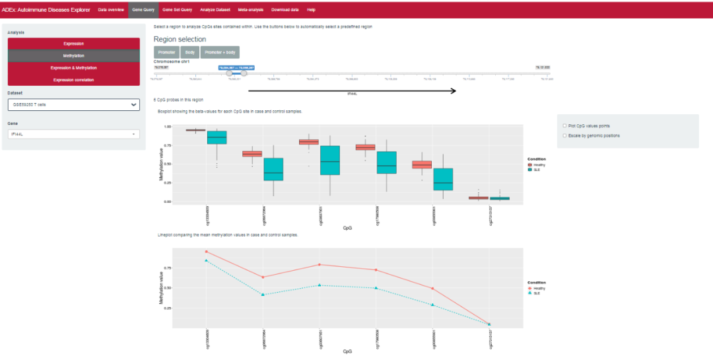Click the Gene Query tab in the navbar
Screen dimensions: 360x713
click(x=143, y=10)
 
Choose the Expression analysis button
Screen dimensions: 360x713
click(x=73, y=44)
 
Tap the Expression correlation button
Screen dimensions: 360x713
click(x=73, y=80)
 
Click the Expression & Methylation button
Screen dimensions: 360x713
click(x=73, y=68)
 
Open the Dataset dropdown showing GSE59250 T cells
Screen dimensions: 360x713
click(x=73, y=104)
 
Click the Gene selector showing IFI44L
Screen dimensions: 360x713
click(x=73, y=134)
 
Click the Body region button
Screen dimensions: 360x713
click(x=190, y=52)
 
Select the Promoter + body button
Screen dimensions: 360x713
click(x=220, y=52)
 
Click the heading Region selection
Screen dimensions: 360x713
click(x=180, y=39)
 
